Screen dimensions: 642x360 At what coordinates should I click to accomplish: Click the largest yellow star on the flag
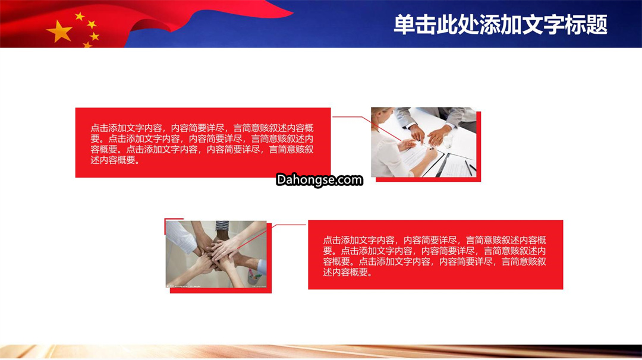[x=60, y=31]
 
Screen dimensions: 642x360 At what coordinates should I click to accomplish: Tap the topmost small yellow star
[x=80, y=17]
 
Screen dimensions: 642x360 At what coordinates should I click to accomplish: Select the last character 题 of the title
[x=597, y=24]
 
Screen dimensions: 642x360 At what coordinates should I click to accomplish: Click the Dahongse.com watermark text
[x=319, y=179]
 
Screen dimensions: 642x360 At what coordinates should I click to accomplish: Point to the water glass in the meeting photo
[x=448, y=140]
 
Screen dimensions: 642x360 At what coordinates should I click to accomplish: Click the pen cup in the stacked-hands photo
[x=254, y=277]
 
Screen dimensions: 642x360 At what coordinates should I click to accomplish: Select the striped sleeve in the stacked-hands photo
[x=222, y=226]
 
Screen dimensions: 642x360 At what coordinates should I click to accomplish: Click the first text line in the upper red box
[x=202, y=128]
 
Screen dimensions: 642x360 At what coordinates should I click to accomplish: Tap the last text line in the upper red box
[x=115, y=160]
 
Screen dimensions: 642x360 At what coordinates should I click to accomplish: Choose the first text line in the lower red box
[x=435, y=240]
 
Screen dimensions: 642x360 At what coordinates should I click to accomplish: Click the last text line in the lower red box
[x=348, y=272]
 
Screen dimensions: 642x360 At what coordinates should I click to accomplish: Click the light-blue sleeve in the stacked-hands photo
[x=262, y=267]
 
